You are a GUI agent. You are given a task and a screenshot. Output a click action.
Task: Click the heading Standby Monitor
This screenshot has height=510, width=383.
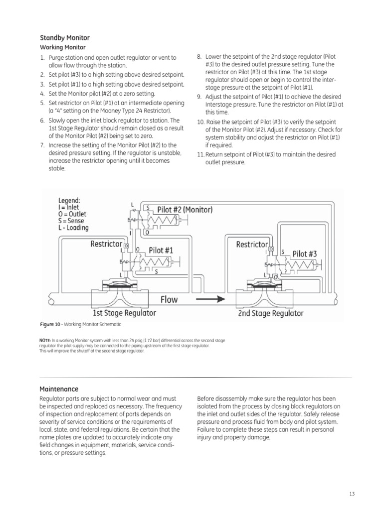coord(65,38)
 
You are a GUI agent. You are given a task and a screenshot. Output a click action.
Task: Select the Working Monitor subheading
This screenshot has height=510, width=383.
coord(62,47)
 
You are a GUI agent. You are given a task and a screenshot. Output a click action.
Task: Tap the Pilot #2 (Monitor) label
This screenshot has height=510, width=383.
coord(185,210)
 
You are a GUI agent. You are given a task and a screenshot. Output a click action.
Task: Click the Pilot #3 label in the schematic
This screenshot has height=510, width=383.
coord(304,254)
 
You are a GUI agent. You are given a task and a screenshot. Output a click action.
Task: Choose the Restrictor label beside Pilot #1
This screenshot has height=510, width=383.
coord(106,244)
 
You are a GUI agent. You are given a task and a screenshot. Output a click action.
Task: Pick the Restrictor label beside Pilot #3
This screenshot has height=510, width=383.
coord(252,244)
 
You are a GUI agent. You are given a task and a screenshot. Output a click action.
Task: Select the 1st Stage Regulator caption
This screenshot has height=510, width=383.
coord(124,313)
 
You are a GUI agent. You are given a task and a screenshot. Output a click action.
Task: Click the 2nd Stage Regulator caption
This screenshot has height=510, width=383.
coord(270,313)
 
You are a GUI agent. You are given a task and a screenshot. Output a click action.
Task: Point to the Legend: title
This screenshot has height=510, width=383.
coord(69,201)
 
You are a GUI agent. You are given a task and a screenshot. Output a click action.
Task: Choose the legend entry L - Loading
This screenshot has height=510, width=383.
coord(73,228)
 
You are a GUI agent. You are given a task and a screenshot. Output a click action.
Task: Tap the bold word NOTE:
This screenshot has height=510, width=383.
coord(46,341)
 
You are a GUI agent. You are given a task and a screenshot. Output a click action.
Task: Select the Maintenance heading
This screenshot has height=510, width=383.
coord(59,388)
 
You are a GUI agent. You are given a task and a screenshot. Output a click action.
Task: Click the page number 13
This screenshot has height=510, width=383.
coord(352,494)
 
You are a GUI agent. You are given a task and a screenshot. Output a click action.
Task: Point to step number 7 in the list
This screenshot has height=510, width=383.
coord(42,145)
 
